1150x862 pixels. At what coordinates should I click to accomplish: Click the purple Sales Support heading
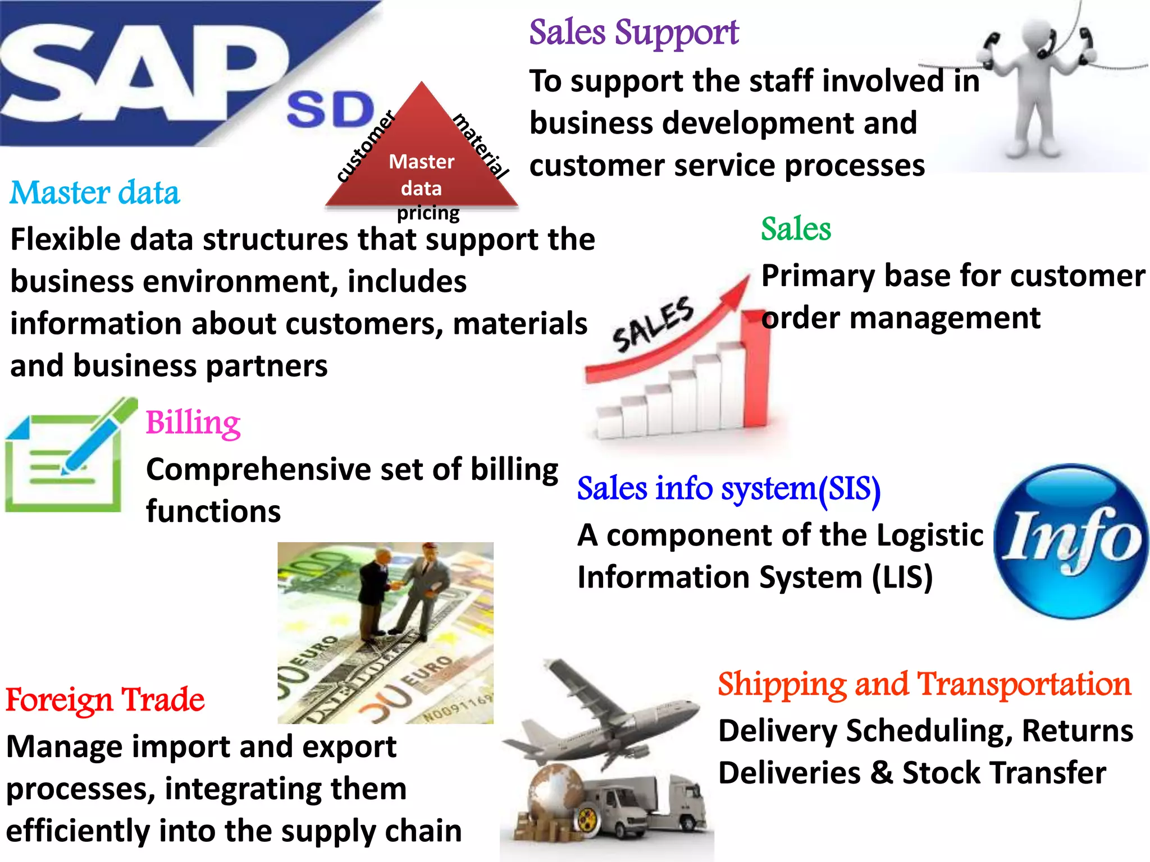(x=633, y=33)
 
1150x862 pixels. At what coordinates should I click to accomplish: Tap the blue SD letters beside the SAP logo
(x=330, y=110)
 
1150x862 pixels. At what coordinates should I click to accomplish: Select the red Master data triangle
(x=421, y=163)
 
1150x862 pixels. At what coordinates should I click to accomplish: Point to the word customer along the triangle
(x=366, y=147)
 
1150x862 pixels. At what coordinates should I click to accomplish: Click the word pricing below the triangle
(x=428, y=213)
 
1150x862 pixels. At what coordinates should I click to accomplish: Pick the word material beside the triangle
(x=481, y=145)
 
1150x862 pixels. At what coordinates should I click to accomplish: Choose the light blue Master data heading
(x=95, y=192)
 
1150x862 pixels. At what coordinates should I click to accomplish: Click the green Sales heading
(x=796, y=229)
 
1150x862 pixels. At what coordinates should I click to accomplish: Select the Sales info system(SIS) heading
(x=728, y=488)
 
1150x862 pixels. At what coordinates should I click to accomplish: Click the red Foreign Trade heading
(x=105, y=700)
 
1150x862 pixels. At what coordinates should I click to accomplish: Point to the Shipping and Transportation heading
(x=924, y=684)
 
